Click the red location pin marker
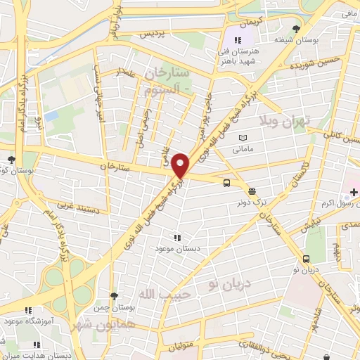[x=181, y=165]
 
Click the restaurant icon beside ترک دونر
[x=252, y=190]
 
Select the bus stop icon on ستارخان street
[x=226, y=184]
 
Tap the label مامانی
[x=243, y=149]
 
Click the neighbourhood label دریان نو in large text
[x=224, y=283]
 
